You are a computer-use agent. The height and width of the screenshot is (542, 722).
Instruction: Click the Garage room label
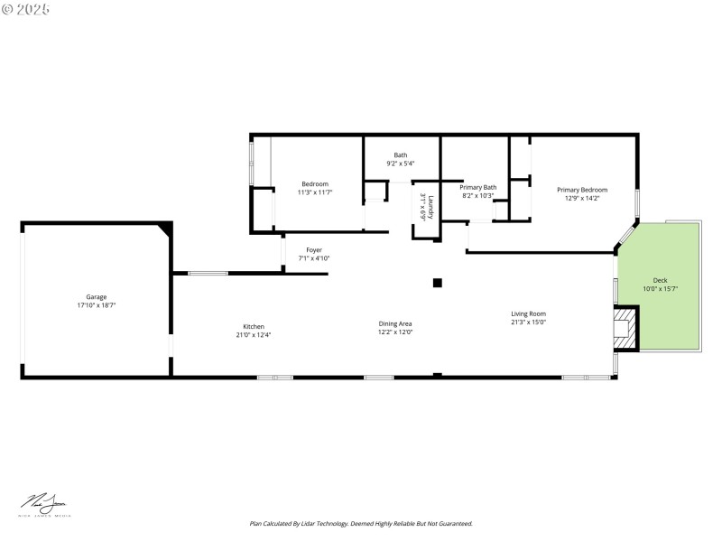pyautogui.click(x=97, y=297)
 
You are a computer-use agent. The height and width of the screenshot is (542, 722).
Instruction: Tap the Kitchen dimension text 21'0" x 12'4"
pyautogui.click(x=254, y=335)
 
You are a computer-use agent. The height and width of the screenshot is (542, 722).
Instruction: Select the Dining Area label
pyautogui.click(x=395, y=323)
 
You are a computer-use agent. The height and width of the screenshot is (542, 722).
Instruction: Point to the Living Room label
pyautogui.click(x=528, y=313)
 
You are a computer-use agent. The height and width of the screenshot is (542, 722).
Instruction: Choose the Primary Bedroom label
pyautogui.click(x=582, y=190)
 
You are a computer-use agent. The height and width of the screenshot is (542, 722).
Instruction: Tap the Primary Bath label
pyautogui.click(x=477, y=187)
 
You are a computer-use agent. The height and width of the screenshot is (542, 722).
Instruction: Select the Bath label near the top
pyautogui.click(x=400, y=155)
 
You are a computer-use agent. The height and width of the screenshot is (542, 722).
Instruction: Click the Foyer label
pyautogui.click(x=314, y=250)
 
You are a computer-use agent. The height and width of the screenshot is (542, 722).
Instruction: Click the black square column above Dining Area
pyautogui.click(x=438, y=283)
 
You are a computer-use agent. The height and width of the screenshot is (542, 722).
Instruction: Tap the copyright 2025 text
pyautogui.click(x=26, y=9)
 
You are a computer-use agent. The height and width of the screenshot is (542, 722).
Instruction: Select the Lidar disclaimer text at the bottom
pyautogui.click(x=361, y=523)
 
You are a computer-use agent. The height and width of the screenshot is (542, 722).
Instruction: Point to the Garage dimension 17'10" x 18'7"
pyautogui.click(x=97, y=306)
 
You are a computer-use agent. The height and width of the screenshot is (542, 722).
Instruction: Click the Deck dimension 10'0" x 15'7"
pyautogui.click(x=661, y=289)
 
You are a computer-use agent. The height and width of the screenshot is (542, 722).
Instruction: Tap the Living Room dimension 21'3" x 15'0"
pyautogui.click(x=528, y=322)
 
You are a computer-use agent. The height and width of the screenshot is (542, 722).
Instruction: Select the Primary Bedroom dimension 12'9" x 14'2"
pyautogui.click(x=582, y=198)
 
